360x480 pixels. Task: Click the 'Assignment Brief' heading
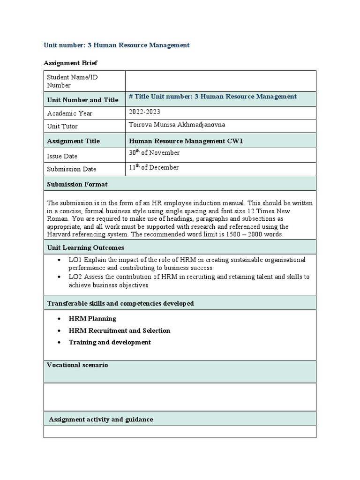pos(70,63)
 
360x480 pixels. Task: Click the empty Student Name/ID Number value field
pos(220,81)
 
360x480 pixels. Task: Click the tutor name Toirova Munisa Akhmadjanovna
pos(173,125)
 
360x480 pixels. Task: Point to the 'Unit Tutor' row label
pos(62,126)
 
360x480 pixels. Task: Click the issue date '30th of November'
pos(154,153)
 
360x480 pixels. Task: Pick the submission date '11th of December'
pos(153,168)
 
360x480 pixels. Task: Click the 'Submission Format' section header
pos(77,184)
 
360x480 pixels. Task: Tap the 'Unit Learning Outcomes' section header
pos(86,247)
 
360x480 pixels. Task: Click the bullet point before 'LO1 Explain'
pos(58,260)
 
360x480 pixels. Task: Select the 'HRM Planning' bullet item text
pos(92,318)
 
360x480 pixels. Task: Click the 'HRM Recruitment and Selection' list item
pos(119,330)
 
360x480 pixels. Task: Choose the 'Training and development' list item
pos(110,342)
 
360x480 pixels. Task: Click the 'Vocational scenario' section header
pos(78,365)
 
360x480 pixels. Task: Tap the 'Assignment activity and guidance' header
pos(101,419)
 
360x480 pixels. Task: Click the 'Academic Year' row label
pos(70,113)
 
